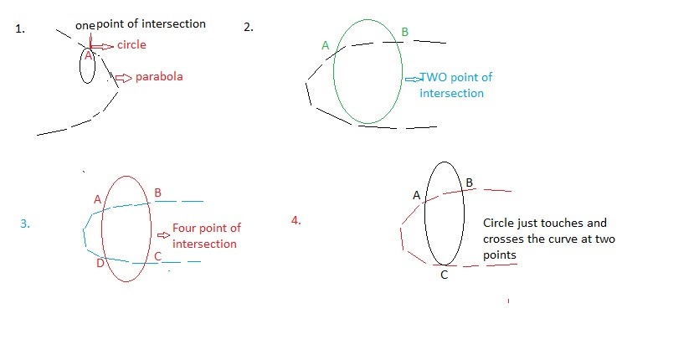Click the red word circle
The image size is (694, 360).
pos(131,44)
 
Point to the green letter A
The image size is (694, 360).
pos(326,46)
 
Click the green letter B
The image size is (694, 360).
pos(405,33)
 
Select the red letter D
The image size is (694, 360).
pos(100,264)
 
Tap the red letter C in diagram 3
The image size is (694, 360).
pos(157,256)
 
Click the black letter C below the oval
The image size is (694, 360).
pos(444,275)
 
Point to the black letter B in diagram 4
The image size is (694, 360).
pos(469,183)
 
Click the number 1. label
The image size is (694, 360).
pos(20,28)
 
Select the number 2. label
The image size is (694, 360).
pos(248,27)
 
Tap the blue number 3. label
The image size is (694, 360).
pos(25,224)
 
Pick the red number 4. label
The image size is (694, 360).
pos(296,220)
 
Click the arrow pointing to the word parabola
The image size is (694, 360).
pos(124,78)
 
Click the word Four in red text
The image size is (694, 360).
pos(186,228)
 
